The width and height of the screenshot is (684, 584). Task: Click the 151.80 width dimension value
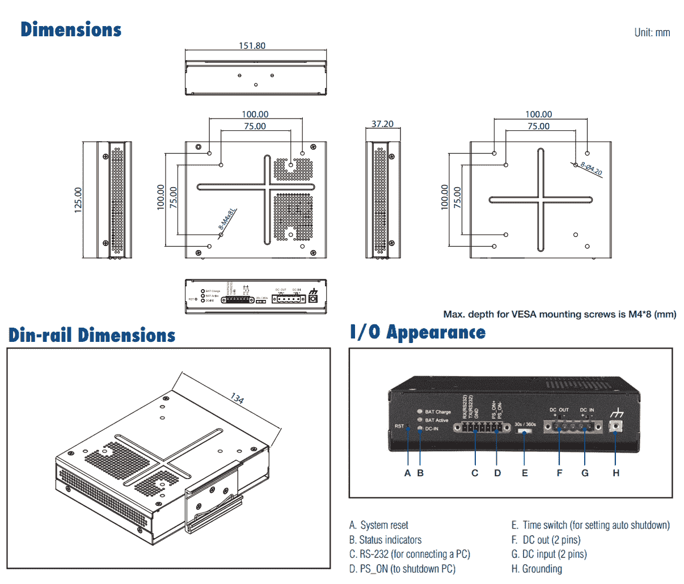[252, 45]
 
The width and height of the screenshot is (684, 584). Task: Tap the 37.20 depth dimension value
[382, 124]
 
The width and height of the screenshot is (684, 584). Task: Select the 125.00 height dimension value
[78, 200]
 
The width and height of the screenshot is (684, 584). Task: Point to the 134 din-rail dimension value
[237, 399]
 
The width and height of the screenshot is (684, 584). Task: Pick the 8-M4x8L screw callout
[227, 219]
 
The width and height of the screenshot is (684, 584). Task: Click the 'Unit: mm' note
[652, 32]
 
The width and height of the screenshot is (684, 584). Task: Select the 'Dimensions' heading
[71, 29]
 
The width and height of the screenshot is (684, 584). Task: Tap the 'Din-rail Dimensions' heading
[92, 335]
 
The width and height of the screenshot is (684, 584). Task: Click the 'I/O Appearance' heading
[417, 332]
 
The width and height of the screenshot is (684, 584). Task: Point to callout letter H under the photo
[616, 473]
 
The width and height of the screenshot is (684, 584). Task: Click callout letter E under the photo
[525, 473]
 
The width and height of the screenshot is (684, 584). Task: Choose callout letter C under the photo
[475, 473]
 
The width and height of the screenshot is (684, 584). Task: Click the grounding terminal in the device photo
[616, 426]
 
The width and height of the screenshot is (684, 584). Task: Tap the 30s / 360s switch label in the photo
[525, 424]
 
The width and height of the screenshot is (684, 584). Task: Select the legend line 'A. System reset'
[378, 526]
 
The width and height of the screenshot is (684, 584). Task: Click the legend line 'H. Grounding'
[537, 569]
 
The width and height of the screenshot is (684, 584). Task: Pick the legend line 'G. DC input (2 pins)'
[548, 554]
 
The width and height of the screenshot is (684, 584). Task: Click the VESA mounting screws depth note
[559, 314]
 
